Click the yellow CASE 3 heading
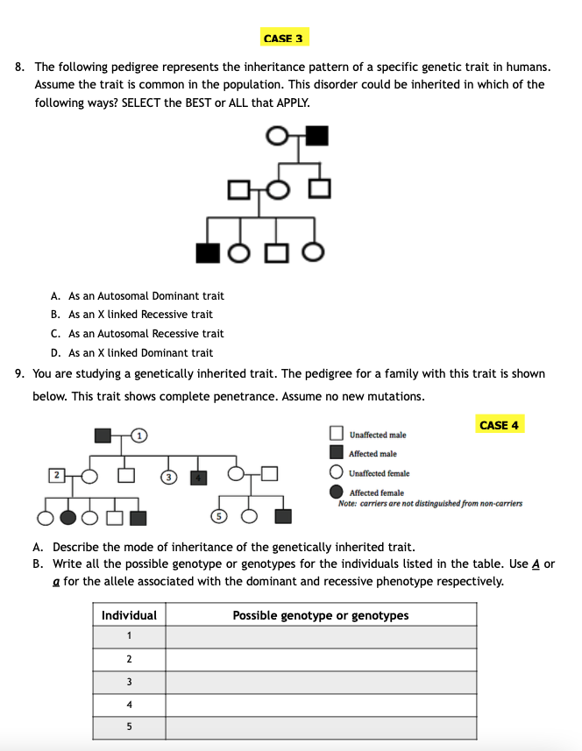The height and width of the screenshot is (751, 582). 283,39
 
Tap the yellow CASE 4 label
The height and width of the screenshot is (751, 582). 499,425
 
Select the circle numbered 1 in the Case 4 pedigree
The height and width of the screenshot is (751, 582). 141,435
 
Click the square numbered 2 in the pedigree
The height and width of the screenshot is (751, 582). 57,476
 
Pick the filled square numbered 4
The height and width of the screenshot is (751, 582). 200,477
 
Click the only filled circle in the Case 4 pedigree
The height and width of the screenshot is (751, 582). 67,517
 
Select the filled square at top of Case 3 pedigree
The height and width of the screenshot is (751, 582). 317,136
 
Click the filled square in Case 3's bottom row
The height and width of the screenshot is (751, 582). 208,252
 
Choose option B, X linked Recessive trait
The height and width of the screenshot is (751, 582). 131,315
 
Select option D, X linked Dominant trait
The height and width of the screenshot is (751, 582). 131,353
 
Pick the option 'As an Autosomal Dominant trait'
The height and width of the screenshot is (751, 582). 137,296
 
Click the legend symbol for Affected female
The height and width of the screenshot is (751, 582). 337,492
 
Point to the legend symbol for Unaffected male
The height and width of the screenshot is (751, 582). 337,434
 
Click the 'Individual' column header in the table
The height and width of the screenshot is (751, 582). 129,615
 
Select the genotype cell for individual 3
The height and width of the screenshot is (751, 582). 321,682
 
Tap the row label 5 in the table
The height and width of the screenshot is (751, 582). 129,727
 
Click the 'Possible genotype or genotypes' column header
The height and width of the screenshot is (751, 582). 321,615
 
